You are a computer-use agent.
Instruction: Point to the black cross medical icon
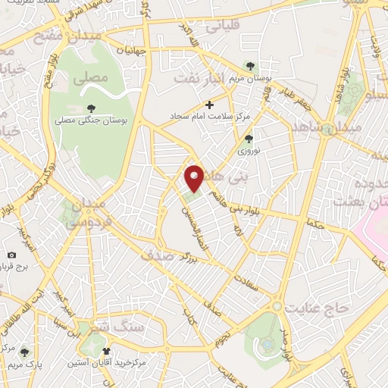[210, 105]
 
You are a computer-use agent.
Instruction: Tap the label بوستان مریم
[252, 80]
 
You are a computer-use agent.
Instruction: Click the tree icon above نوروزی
[249, 139]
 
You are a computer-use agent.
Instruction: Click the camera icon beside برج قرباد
[11, 255]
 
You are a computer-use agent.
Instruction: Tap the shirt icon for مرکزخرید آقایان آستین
[106, 351]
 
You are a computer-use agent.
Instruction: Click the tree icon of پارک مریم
[23, 352]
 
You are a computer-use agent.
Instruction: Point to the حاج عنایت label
[315, 307]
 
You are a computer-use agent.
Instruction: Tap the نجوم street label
[228, 336]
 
